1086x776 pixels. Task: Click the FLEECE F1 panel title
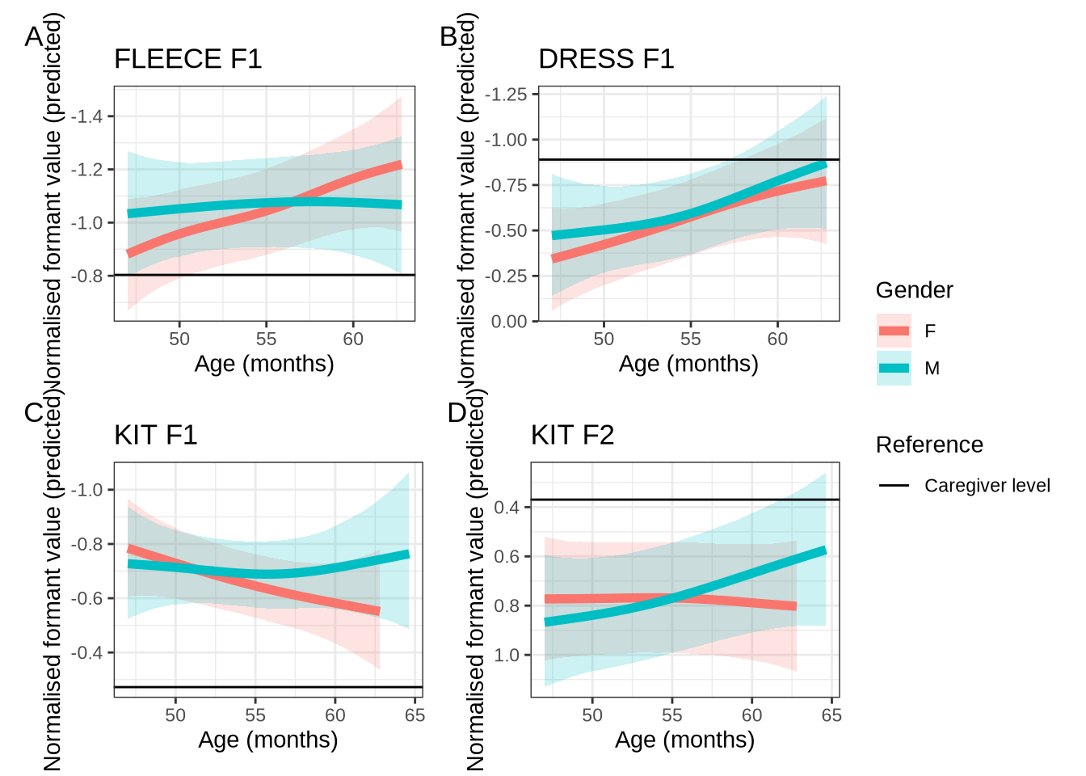[187, 59]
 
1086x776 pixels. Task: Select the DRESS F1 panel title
[606, 59]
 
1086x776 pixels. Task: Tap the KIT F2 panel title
[572, 436]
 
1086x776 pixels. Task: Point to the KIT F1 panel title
[155, 436]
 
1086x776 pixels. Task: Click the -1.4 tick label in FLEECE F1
[87, 116]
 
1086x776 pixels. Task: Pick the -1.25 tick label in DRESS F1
[505, 95]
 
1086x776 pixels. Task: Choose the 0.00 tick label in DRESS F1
[509, 322]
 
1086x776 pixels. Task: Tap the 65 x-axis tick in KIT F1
[415, 715]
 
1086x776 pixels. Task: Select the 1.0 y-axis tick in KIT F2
[507, 656]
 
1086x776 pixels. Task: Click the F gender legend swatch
[894, 331]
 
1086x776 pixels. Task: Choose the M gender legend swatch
[894, 368]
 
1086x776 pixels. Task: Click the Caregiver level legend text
[987, 486]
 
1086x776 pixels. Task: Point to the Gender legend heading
[914, 290]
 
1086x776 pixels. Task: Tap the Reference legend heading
[929, 445]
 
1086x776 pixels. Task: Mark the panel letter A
[33, 36]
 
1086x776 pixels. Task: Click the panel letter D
[457, 413]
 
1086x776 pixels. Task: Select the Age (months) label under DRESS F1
[688, 364]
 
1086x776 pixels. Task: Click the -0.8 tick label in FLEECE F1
[87, 276]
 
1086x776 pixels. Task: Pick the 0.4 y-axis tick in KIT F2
[507, 508]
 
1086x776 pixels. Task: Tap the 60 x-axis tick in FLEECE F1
[353, 339]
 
